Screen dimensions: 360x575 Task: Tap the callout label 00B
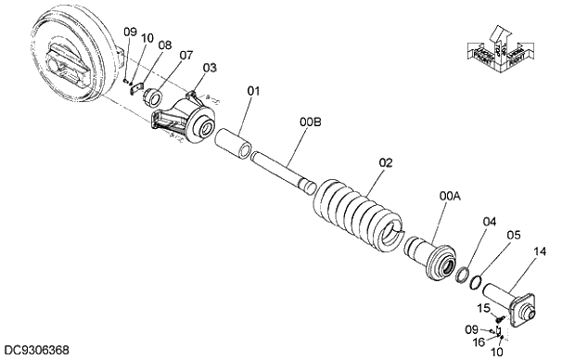tap(310, 122)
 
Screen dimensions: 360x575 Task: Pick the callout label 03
tap(210, 67)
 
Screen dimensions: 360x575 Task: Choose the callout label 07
tap(186, 55)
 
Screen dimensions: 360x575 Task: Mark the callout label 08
tap(164, 45)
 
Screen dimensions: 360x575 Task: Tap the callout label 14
tap(540, 251)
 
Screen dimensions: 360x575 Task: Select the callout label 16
tap(479, 341)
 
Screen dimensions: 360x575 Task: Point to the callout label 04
tap(490, 221)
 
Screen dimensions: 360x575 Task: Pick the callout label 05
tap(514, 235)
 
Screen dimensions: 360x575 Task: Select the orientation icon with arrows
tap(498, 51)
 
